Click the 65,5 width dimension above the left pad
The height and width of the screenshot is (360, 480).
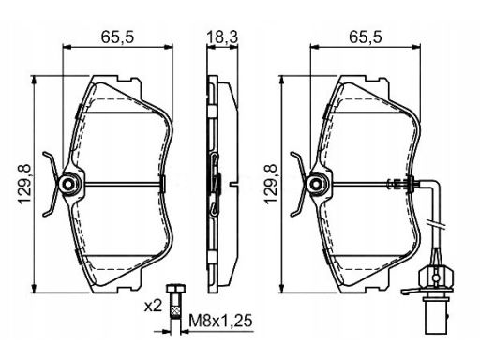[117, 37]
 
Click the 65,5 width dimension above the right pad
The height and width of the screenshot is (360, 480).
[365, 37]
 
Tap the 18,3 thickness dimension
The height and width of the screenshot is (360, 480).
[222, 37]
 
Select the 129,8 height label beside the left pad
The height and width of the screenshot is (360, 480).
[25, 185]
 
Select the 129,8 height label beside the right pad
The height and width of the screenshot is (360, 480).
[271, 185]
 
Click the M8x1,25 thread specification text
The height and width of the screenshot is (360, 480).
[220, 321]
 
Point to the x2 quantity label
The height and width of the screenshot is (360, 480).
[153, 307]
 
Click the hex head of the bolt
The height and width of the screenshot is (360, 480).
[176, 288]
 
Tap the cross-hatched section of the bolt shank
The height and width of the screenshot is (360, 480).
[175, 311]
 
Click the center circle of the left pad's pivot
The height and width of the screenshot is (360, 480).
[68, 185]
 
